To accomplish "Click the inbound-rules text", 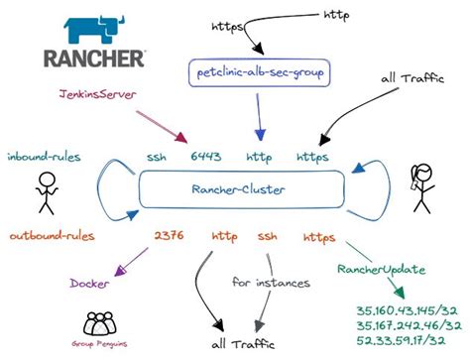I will click(46, 157).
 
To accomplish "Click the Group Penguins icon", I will click(98, 325).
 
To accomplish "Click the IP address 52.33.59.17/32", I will click(400, 340).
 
